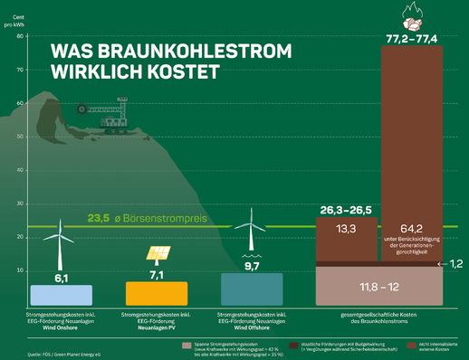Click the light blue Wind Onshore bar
(61, 295)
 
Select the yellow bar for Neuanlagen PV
(156, 293)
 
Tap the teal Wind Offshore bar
(251, 289)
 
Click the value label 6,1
(61, 278)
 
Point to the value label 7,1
(156, 274)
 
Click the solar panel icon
(156, 254)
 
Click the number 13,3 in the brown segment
(346, 229)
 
